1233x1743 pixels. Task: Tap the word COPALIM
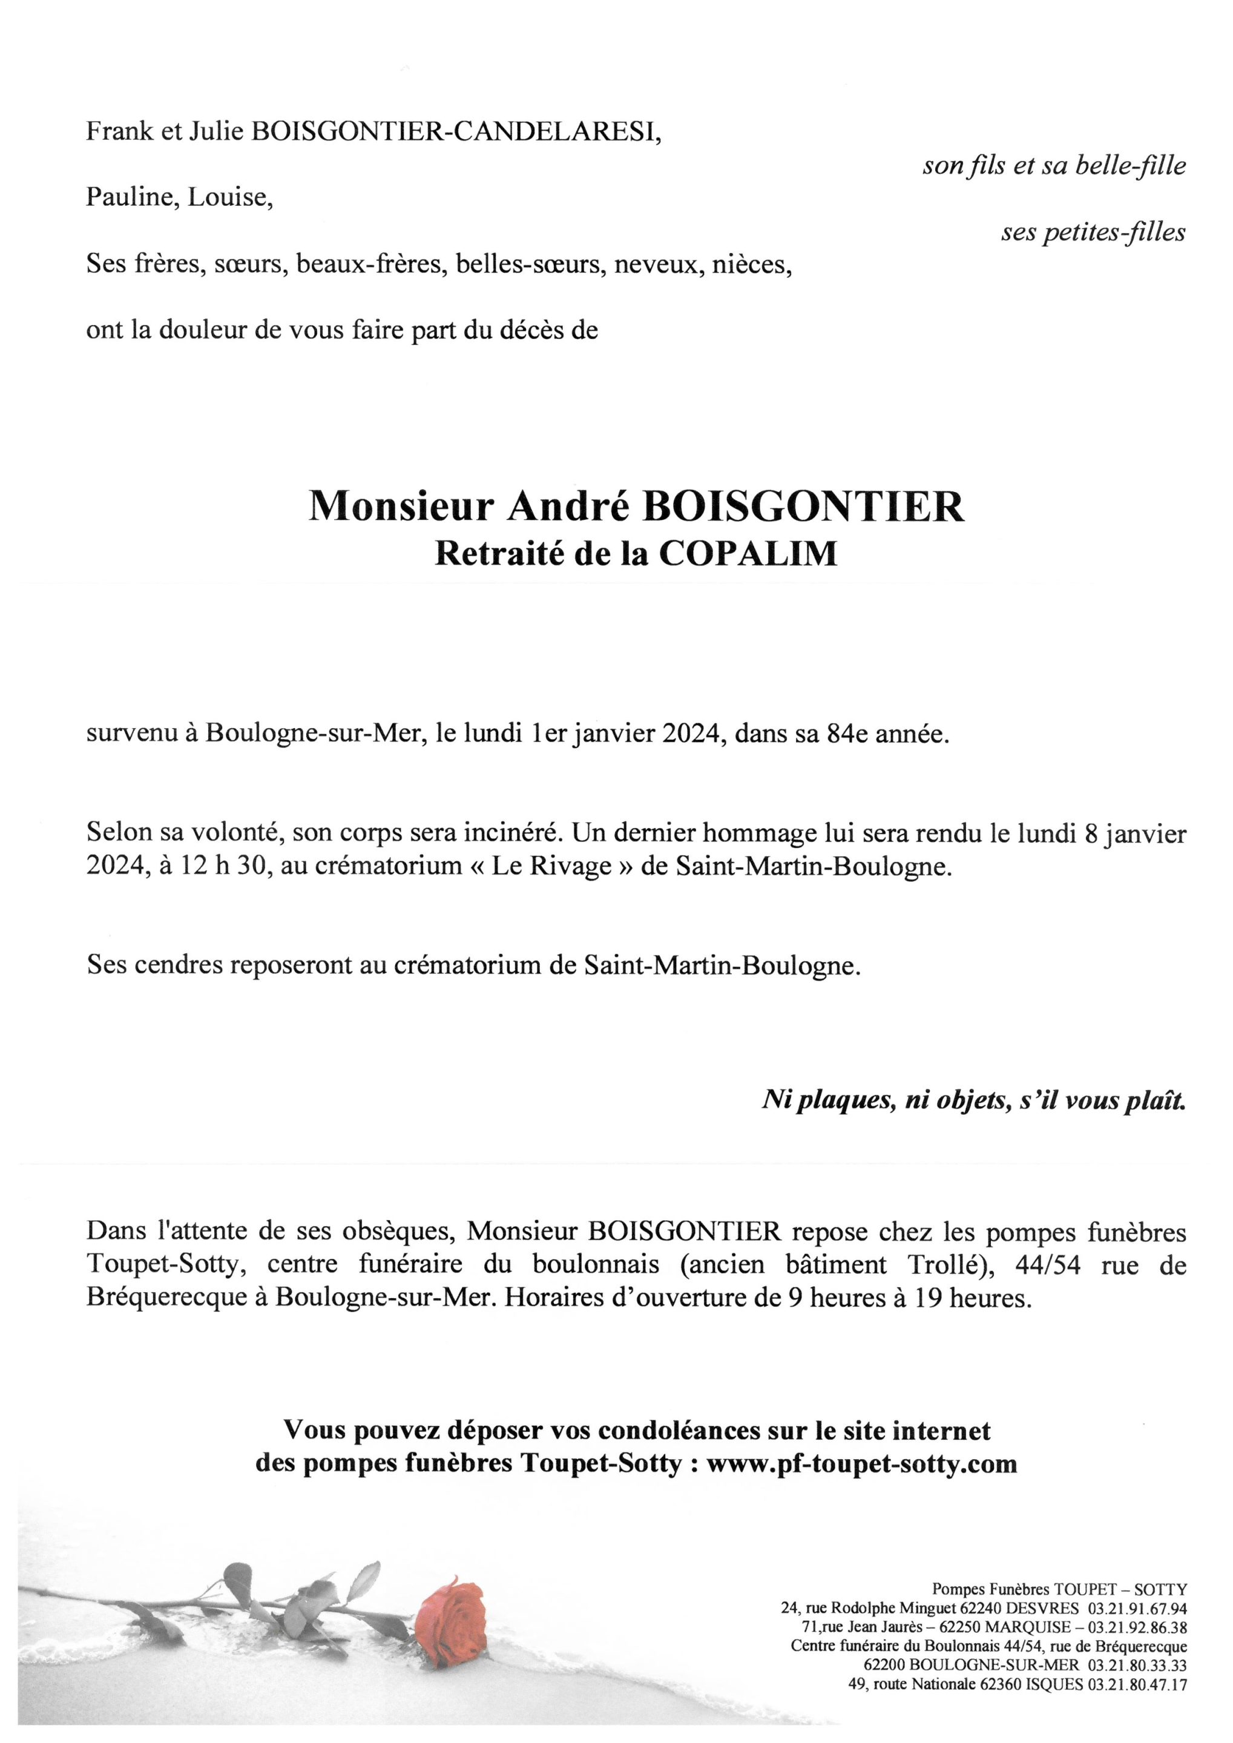[748, 555]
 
